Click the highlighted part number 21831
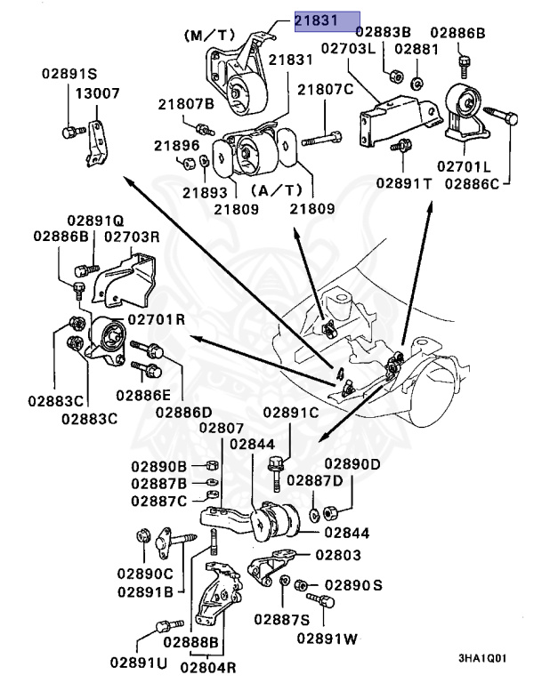(328, 20)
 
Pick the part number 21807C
(326, 89)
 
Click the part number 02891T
(403, 182)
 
